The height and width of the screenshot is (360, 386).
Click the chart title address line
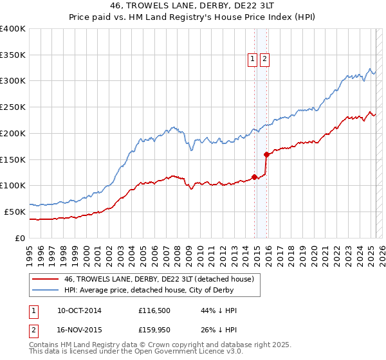tap(192, 6)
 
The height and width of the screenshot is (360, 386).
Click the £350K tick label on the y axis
tap(13, 55)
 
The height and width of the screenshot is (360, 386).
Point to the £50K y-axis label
tap(15, 212)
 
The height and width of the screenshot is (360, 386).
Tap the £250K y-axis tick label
tap(13, 107)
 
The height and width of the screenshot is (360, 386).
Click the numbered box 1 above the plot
tap(253, 60)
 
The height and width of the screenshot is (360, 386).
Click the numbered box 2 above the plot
tap(265, 60)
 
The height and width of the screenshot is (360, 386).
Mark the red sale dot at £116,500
tap(255, 177)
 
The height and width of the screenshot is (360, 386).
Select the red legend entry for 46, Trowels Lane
tap(160, 279)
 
